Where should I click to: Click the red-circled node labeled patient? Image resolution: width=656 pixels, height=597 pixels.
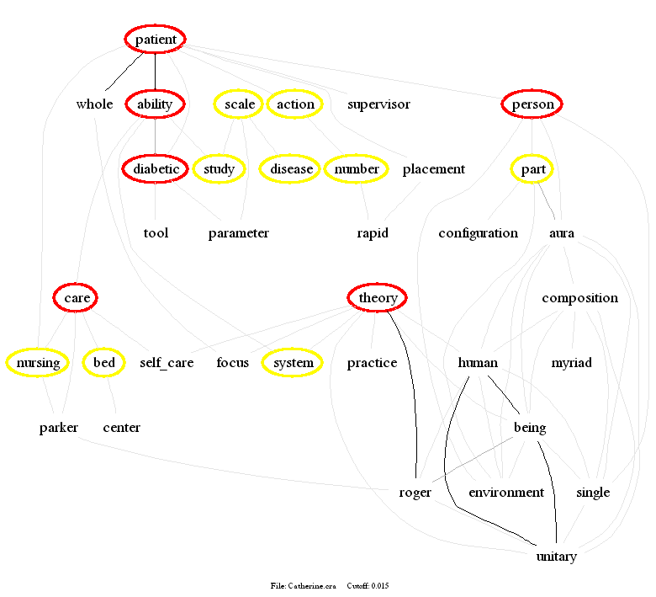(x=156, y=40)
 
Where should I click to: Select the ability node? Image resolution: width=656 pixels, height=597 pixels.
(x=155, y=104)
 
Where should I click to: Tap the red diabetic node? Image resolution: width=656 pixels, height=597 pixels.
(x=156, y=169)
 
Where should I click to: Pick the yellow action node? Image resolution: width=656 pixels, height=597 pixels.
(x=295, y=104)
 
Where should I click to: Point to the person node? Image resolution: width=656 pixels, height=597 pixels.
(x=532, y=104)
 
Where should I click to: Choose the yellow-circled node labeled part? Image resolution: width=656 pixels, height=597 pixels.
(x=532, y=169)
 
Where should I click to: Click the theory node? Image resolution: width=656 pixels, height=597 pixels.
(x=378, y=298)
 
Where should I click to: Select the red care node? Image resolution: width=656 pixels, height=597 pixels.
(x=76, y=298)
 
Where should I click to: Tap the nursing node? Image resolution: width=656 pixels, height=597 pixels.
(x=38, y=363)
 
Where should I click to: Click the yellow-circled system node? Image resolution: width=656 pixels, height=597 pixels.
(x=293, y=363)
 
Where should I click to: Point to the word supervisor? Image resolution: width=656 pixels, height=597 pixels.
(x=378, y=104)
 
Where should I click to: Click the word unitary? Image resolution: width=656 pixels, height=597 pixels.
(x=556, y=557)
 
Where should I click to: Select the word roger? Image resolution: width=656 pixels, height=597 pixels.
(x=415, y=493)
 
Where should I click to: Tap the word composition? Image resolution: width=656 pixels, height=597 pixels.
(x=579, y=298)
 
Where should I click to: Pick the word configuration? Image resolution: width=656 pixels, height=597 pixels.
(x=478, y=233)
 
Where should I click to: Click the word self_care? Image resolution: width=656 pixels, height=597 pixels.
(x=167, y=363)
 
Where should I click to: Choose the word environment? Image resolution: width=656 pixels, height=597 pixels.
(x=506, y=493)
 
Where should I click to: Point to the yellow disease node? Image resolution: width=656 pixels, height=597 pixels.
(x=291, y=169)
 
